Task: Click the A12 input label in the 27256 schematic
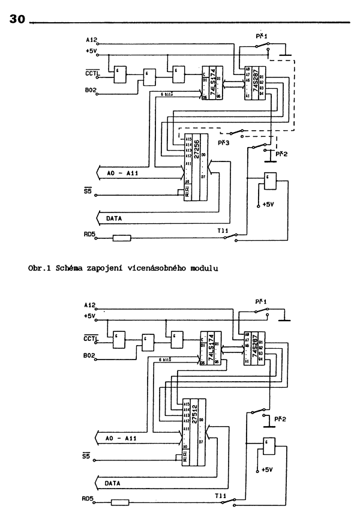(x=91, y=40)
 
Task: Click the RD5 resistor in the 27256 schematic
(x=122, y=238)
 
